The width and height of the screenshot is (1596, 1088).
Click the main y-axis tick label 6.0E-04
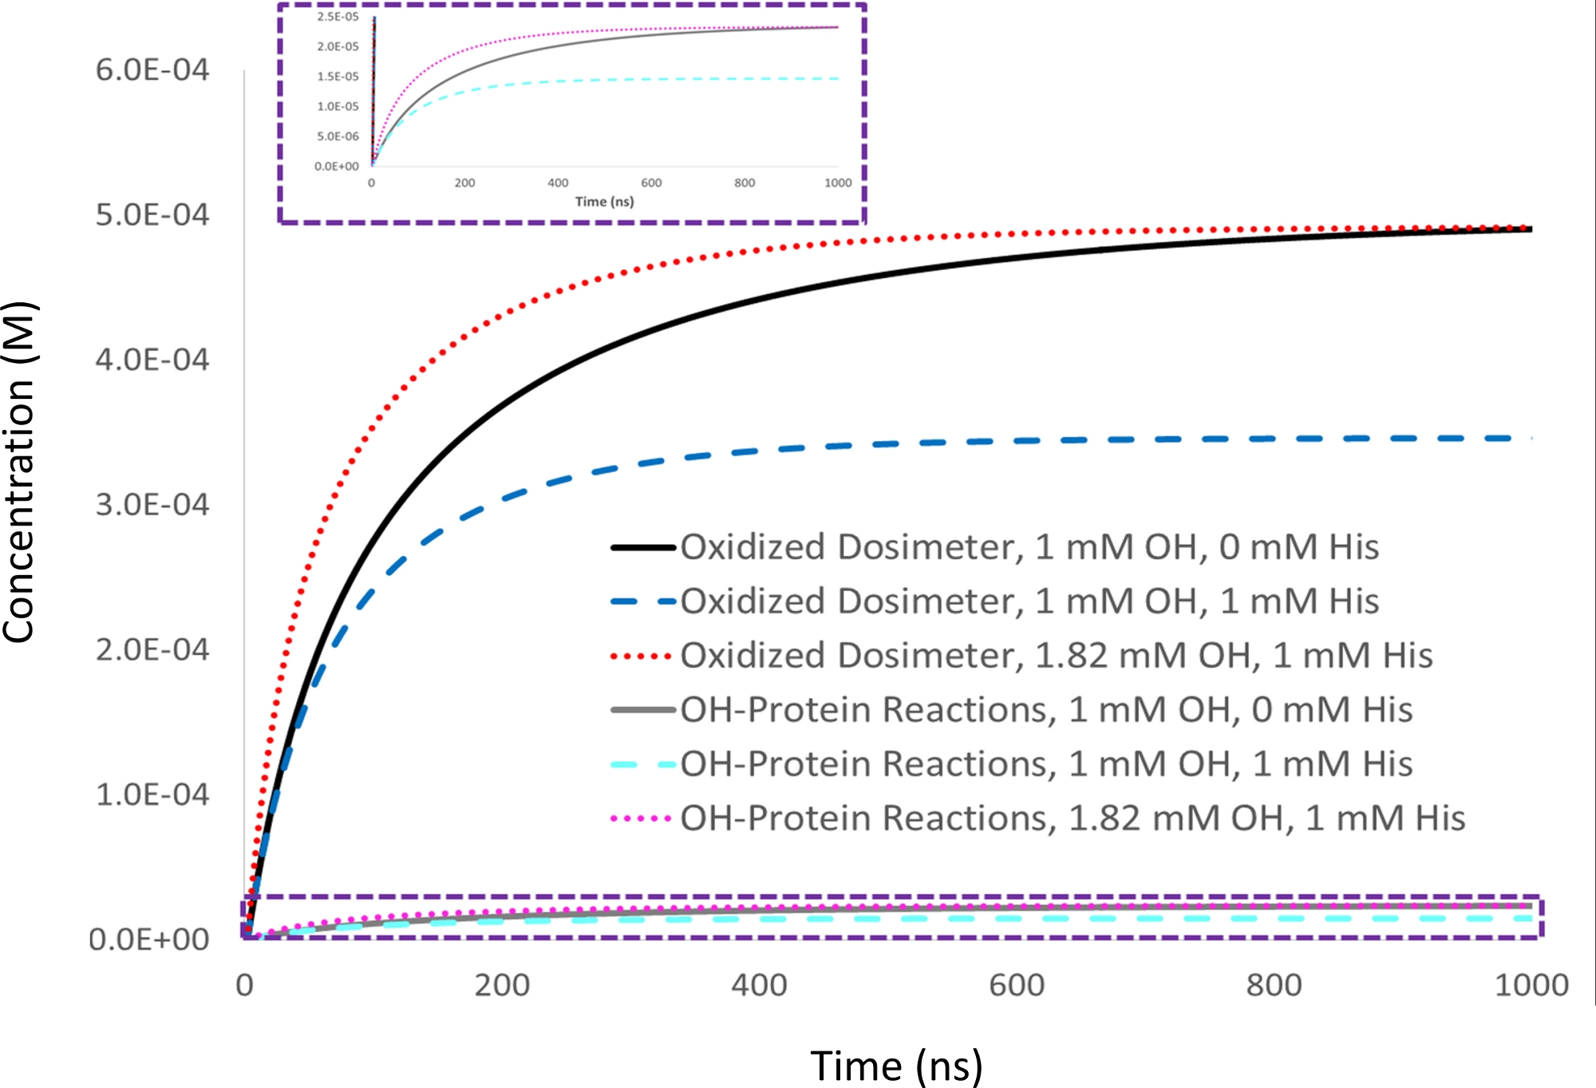152,70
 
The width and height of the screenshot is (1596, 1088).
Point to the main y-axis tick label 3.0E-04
152,505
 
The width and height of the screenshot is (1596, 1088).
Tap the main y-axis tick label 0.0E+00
149,940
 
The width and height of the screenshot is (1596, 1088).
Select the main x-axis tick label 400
759,986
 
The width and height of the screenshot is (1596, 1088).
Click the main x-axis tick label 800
1274,986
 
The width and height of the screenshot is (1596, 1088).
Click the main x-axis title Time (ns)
896,1066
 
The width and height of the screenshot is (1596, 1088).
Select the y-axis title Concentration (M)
19,472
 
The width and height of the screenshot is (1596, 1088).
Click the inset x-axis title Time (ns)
604,202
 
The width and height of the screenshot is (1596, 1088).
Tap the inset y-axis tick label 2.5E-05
338,17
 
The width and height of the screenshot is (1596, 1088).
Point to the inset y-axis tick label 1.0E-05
338,106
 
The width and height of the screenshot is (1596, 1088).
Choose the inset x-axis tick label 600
651,183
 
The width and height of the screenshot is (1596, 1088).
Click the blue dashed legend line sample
643,601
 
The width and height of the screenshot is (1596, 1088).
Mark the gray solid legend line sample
643,710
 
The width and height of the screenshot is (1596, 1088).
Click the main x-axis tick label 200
502,986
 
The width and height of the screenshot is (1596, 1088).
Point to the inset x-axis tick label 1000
838,183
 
